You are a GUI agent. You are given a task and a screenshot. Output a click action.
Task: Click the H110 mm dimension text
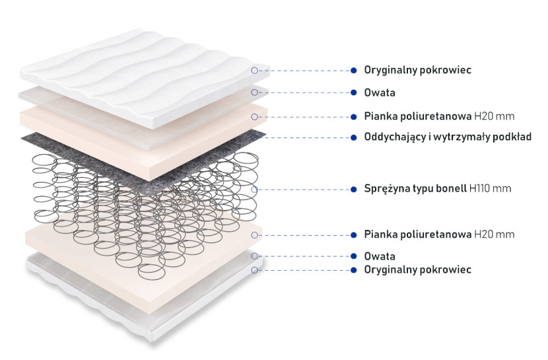491,189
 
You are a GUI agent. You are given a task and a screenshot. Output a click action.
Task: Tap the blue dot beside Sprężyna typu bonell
354,190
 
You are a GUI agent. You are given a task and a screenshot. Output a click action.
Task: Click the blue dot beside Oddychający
354,137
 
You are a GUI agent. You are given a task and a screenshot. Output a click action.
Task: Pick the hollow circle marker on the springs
254,190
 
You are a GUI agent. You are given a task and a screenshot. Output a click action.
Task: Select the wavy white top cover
145,77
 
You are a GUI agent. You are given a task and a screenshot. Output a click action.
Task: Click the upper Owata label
380,92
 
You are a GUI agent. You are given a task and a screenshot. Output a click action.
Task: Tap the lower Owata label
380,256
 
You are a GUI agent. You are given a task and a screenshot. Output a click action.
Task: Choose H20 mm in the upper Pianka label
494,116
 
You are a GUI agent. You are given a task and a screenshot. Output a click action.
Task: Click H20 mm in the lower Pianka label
494,234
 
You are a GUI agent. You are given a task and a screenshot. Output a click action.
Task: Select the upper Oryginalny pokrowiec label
418,70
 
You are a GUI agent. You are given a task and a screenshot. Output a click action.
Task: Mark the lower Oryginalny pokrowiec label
418,270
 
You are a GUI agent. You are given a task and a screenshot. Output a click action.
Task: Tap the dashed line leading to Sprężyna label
304,190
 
